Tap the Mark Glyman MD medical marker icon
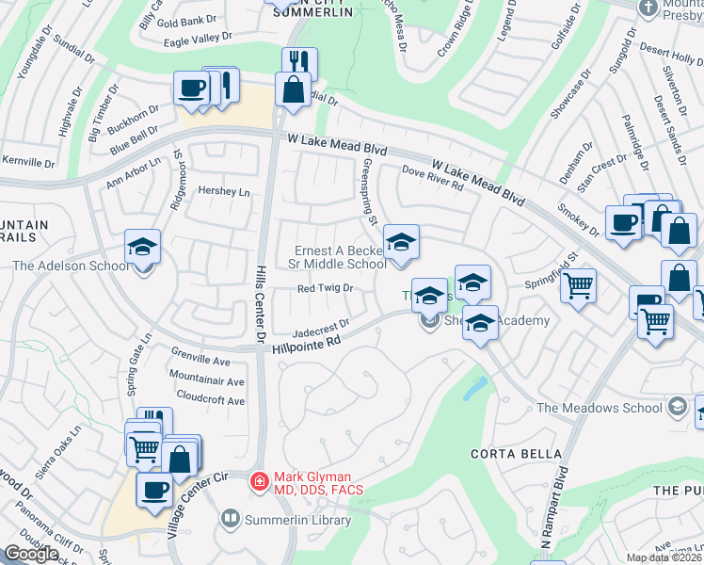[258, 481]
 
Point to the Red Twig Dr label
[325, 289]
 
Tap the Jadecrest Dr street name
[321, 327]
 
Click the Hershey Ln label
[224, 192]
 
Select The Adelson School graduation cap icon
[142, 247]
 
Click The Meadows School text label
[599, 408]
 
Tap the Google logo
[31, 554]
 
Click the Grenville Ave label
[200, 361]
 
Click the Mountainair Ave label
[206, 381]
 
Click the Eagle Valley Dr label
[198, 37]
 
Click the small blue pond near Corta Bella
[474, 388]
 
